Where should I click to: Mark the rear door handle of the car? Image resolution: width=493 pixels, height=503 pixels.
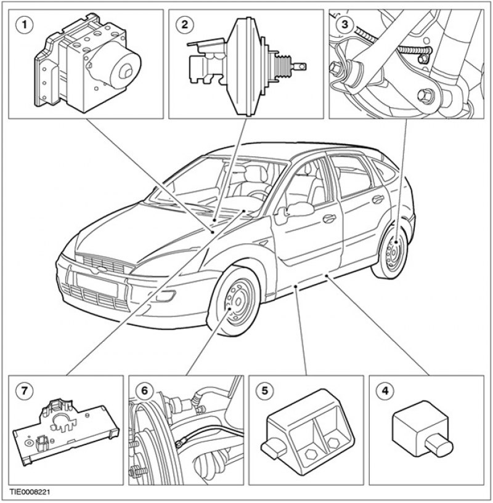click(x=378, y=199)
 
